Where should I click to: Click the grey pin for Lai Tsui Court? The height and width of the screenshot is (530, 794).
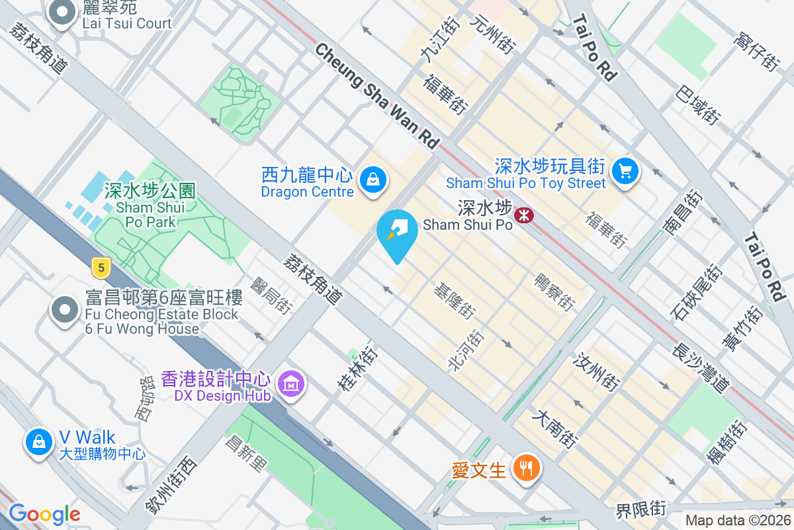(63, 13)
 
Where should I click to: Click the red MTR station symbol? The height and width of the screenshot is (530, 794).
(524, 214)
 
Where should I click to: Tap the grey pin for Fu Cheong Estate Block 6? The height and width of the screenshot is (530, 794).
(65, 310)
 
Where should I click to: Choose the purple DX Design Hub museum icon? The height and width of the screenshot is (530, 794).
(290, 384)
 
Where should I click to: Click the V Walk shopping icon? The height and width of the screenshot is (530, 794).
(39, 441)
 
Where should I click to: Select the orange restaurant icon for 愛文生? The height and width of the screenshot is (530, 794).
(527, 469)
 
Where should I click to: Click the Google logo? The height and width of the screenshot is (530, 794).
(45, 514)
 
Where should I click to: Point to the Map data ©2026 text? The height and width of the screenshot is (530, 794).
(737, 521)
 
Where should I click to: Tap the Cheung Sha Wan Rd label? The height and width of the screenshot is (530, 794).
(377, 95)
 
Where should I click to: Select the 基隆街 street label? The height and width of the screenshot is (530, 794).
(454, 301)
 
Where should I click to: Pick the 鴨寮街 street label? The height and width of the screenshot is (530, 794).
(554, 291)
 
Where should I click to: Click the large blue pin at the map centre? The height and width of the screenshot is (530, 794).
(397, 232)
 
